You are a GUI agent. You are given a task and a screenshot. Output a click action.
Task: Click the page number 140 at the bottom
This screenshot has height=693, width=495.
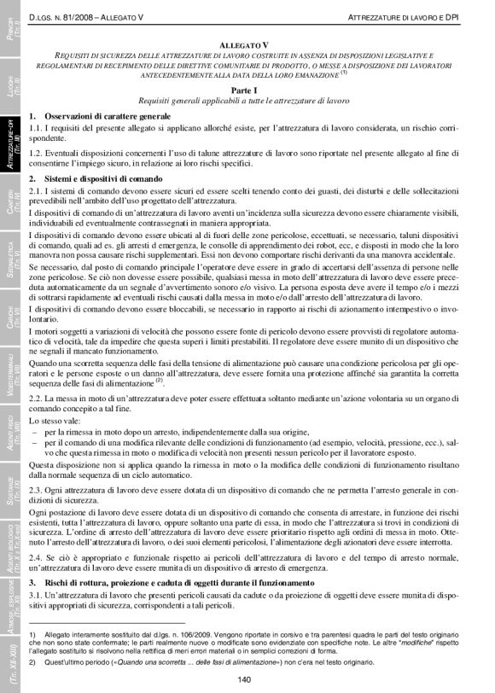coord(243,678)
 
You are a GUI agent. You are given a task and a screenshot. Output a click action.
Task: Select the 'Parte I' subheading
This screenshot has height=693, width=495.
coord(243,90)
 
